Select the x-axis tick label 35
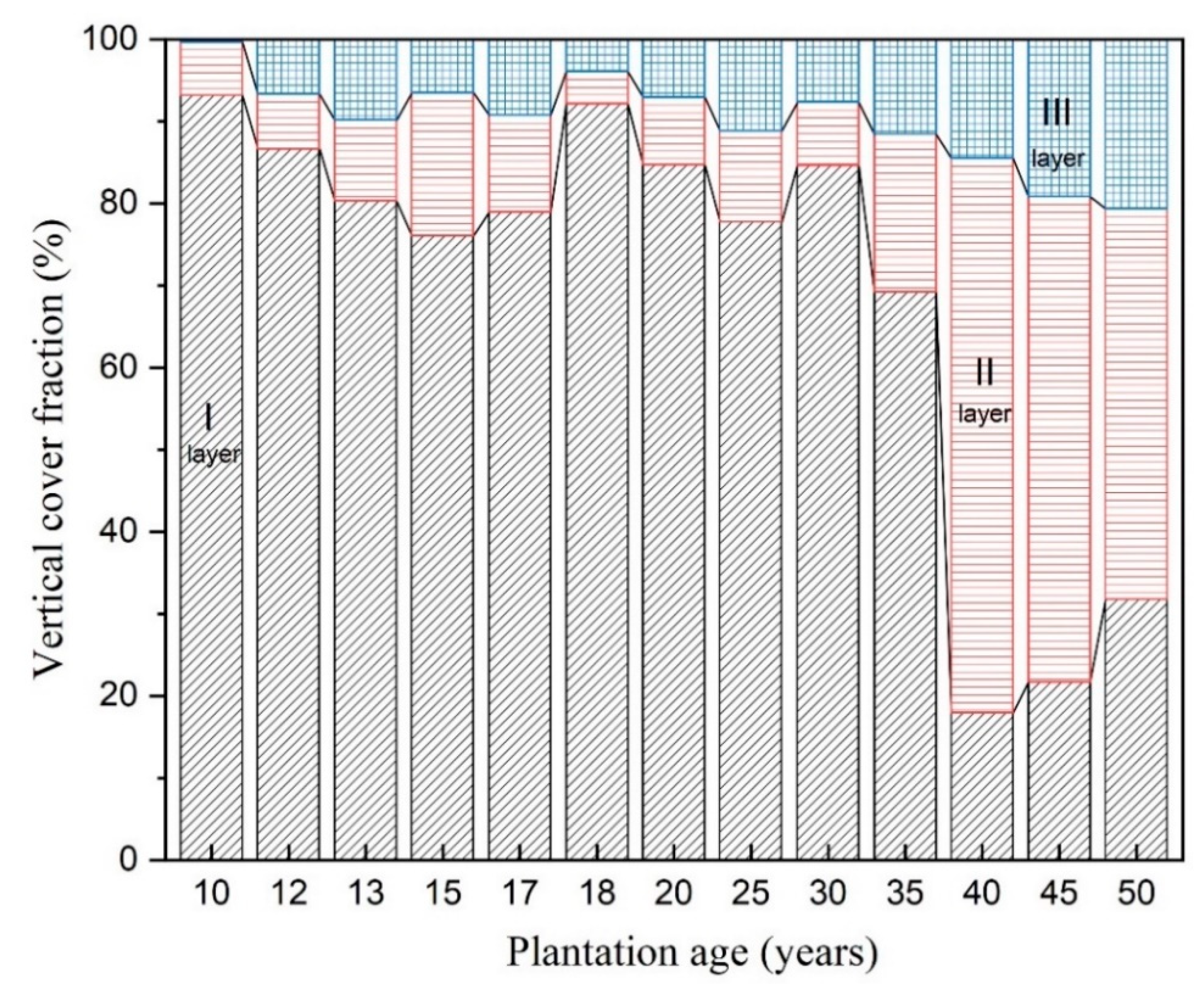click(905, 893)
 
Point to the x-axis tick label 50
click(1136, 893)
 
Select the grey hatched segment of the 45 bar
click(1059, 771)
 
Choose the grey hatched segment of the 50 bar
click(1136, 737)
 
